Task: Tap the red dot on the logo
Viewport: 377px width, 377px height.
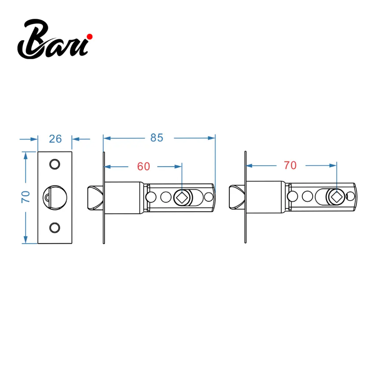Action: point(90,36)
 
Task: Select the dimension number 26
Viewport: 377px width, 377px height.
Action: point(55,139)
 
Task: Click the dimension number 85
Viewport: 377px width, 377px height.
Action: point(157,138)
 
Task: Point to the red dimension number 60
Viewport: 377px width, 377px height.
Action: point(144,166)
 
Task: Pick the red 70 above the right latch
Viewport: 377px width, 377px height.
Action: point(290,165)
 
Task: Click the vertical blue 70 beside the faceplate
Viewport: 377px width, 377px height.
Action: point(25,197)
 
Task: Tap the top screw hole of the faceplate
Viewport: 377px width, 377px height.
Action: point(54,165)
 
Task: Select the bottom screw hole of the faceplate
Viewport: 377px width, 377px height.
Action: point(54,228)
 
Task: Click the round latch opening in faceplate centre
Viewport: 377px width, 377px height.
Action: point(55,197)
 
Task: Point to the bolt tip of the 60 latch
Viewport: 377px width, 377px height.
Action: point(95,198)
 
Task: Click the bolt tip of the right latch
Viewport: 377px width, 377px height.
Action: point(237,197)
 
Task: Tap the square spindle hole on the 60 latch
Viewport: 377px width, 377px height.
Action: point(182,198)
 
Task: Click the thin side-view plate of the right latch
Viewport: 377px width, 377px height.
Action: point(245,197)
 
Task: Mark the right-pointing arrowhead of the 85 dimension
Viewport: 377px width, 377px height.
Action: point(212,138)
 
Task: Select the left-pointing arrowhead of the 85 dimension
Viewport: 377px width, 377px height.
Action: point(107,138)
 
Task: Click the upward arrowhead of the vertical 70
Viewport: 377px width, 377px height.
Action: point(25,156)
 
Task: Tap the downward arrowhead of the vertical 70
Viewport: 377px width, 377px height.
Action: point(25,240)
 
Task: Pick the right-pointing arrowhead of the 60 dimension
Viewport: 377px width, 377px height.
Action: point(178,166)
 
